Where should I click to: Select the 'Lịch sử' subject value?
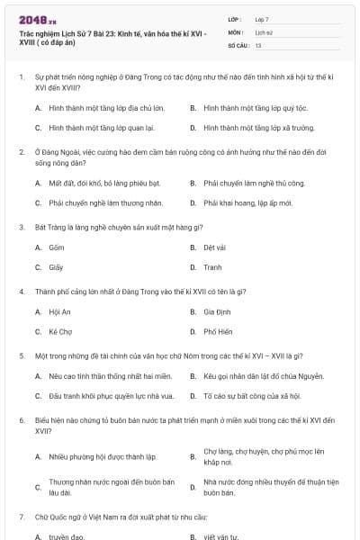click(263, 31)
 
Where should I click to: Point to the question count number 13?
click(258, 44)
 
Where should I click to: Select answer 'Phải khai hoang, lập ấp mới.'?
click(247, 203)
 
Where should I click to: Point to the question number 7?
click(21, 517)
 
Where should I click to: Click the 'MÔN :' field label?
click(236, 31)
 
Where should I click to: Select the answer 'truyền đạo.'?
click(67, 536)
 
